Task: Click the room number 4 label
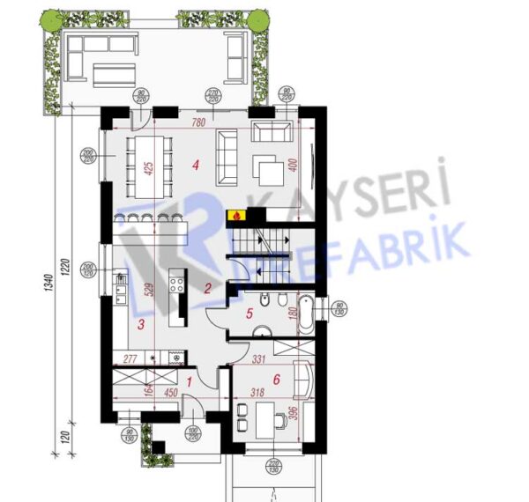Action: pos(196,163)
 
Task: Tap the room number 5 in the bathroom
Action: pos(250,312)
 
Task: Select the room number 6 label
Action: pos(276,380)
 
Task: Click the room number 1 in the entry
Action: pos(190,381)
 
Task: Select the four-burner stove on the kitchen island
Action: pos(175,284)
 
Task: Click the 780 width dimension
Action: pos(197,122)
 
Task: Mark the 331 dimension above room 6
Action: pos(259,359)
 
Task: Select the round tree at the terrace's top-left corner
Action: pos(53,18)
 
